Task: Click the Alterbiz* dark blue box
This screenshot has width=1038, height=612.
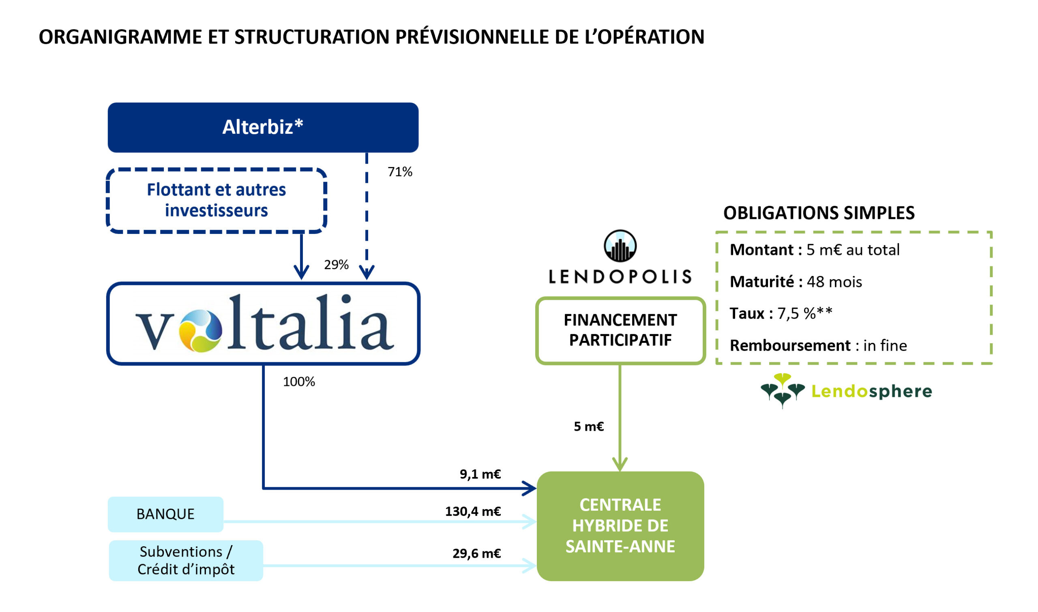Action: pos(263,127)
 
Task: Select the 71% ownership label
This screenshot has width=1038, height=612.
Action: pos(400,172)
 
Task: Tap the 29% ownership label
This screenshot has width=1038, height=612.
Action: pos(336,265)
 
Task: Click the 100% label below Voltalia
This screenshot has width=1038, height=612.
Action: pos(299,382)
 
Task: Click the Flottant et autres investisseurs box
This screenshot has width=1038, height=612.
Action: pos(216,201)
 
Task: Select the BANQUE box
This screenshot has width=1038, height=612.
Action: pos(165,514)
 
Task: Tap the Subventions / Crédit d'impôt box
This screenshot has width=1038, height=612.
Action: pos(186,561)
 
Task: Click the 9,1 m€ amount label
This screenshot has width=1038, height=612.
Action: pos(480,474)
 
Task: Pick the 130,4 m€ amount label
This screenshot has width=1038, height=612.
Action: pos(473,511)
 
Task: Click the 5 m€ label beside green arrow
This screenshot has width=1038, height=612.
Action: pos(588,426)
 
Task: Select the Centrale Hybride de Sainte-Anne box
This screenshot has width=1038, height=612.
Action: pos(620,526)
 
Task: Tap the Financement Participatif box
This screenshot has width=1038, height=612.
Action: pos(620,330)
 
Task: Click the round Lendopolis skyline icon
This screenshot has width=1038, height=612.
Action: pos(620,246)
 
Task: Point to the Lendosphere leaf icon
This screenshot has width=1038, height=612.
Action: pos(782,390)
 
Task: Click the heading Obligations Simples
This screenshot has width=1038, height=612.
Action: pos(819,213)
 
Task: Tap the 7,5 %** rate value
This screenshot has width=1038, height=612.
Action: pos(804,314)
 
